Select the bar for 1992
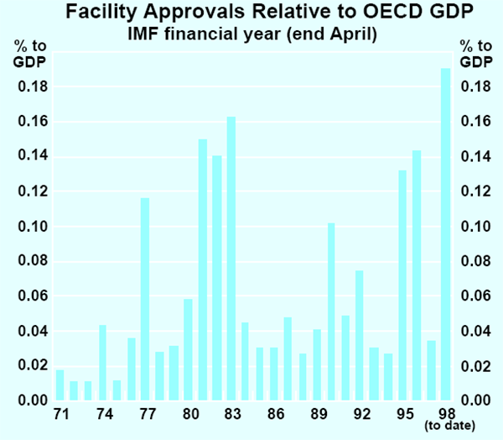[x=360, y=336]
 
